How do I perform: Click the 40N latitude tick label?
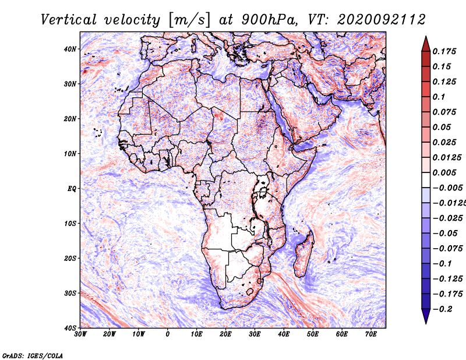(x=70, y=49)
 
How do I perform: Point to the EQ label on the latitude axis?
(x=72, y=189)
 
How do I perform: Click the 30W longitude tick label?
(x=80, y=334)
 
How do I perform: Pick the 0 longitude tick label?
(x=168, y=334)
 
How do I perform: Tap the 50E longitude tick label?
(x=313, y=334)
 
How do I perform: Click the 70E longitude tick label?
(x=371, y=334)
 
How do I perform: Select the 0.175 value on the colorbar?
(x=444, y=51)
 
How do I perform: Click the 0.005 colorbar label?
(x=444, y=172)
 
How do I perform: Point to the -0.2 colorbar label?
(x=442, y=309)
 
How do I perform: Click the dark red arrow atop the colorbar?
(x=426, y=44)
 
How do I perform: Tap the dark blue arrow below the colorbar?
(x=426, y=316)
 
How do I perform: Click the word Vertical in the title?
(x=69, y=20)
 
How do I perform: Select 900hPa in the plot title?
(x=269, y=20)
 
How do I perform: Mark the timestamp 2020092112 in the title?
(x=381, y=20)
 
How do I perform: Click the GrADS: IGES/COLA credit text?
(x=33, y=355)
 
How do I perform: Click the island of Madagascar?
(x=303, y=254)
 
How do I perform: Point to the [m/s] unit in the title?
(x=189, y=20)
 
